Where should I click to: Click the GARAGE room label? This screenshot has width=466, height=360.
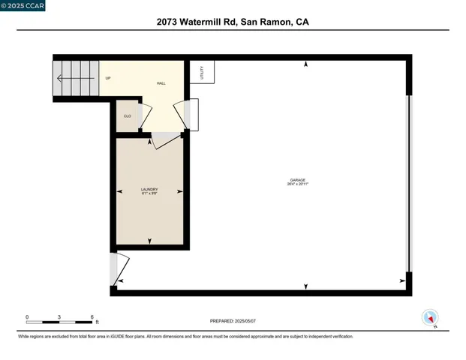297,179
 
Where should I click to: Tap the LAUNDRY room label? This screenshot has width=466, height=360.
149,189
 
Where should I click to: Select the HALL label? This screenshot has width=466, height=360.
161,83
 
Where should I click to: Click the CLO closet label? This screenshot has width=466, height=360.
128,115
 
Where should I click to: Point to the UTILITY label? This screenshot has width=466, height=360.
202,72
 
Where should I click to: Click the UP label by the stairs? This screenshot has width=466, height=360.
108,78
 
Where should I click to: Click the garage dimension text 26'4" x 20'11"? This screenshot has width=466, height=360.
297,184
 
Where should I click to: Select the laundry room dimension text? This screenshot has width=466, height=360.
149,193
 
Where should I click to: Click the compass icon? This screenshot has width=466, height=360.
430,317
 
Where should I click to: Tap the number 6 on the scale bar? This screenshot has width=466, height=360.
92,317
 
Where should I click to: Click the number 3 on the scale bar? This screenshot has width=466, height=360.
59,317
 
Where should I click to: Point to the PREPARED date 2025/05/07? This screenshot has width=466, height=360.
233,321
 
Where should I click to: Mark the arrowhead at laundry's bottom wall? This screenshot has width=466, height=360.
149,241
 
